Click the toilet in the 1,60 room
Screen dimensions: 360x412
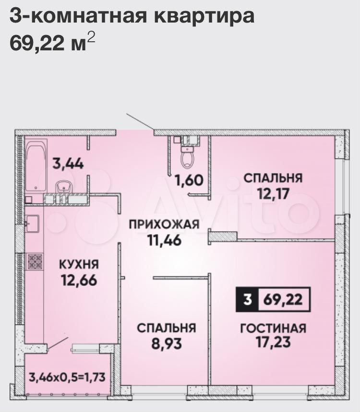point(187,157)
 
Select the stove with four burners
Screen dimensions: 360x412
point(35,261)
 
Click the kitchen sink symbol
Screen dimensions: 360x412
point(32,224)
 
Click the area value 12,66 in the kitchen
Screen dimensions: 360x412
point(79,281)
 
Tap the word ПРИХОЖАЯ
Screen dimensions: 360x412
point(164,224)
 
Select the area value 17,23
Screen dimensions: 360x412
point(274,342)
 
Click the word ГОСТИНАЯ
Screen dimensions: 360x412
point(274,328)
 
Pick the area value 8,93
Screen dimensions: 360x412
point(167,343)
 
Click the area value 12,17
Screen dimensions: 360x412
point(273,194)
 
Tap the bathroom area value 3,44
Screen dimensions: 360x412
point(68,164)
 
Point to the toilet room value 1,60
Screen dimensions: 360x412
point(189,180)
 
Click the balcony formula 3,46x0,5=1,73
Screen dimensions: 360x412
point(67,377)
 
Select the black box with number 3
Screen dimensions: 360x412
point(247,300)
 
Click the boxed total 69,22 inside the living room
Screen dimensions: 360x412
point(283,300)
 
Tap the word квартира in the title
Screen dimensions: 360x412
point(204,16)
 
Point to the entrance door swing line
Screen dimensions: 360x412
point(140,122)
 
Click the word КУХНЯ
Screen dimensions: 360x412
point(79,264)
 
